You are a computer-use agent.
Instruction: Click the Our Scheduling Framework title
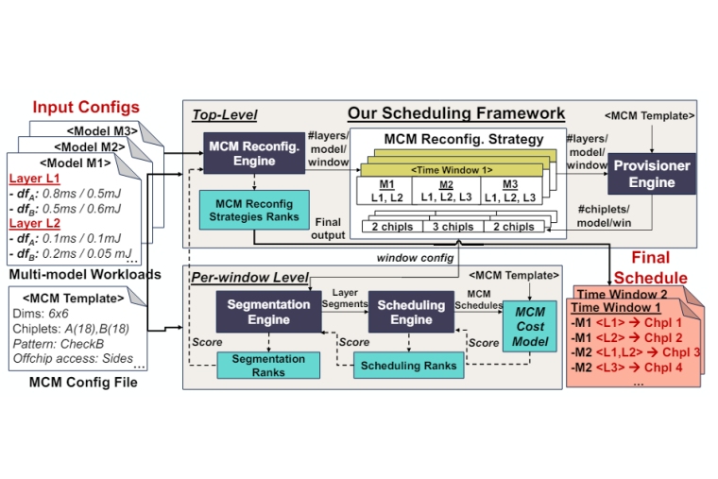click(456, 113)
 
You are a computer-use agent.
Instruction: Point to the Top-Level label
click(224, 115)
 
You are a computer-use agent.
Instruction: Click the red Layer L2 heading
click(36, 225)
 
